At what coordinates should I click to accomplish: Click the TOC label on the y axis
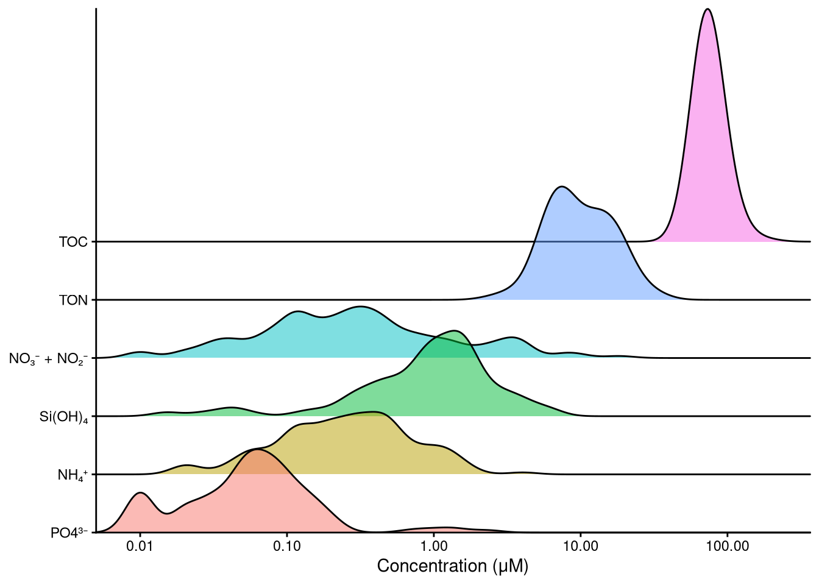point(73,242)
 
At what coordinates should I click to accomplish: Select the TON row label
point(73,300)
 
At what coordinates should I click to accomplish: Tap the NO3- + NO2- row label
point(48,359)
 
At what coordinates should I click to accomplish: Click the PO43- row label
point(69,533)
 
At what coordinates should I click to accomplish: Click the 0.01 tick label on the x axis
point(140,546)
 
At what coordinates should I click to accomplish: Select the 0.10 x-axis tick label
point(287,546)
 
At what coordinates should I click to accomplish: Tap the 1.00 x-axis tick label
point(433,546)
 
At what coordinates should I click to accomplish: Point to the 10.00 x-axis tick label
point(580,546)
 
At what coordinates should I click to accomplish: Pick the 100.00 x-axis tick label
point(727,546)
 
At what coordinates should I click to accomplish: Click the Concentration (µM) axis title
point(453,566)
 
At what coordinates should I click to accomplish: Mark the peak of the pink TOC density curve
point(707,9)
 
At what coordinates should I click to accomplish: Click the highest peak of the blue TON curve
point(561,186)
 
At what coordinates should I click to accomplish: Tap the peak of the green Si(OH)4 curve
point(455,330)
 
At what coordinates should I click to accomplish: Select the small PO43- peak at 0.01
point(140,492)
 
